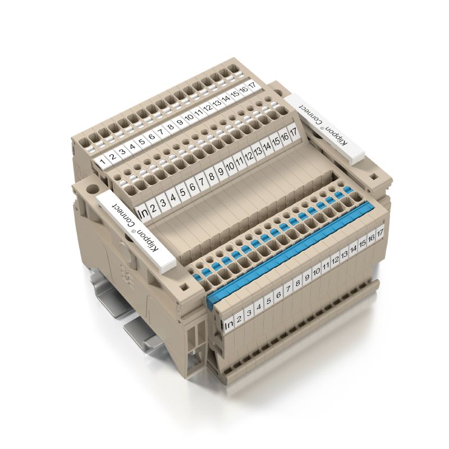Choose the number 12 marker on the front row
335,260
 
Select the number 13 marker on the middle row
258,152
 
